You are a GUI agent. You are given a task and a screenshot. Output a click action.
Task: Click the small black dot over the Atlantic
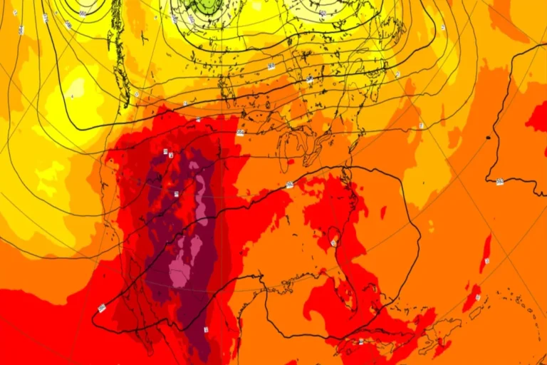489,137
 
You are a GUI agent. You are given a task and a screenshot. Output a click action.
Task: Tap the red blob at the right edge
538,117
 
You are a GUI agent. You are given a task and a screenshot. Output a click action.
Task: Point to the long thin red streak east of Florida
486,253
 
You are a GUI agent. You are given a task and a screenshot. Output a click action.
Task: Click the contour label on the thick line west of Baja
102,308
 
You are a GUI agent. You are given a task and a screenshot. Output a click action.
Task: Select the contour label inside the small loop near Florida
333,243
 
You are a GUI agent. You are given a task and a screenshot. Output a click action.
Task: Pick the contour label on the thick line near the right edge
499,181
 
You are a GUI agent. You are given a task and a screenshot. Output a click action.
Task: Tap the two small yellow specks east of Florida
430,226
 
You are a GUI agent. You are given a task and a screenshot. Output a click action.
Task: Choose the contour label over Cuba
361,341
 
